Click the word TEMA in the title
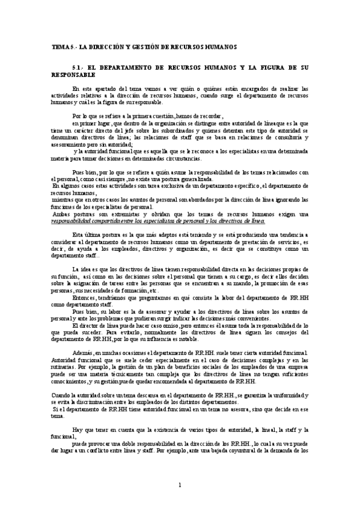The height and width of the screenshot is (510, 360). coord(59,46)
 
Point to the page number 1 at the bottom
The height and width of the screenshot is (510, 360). coord(179,484)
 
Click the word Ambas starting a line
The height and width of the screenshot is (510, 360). coord(62,214)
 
